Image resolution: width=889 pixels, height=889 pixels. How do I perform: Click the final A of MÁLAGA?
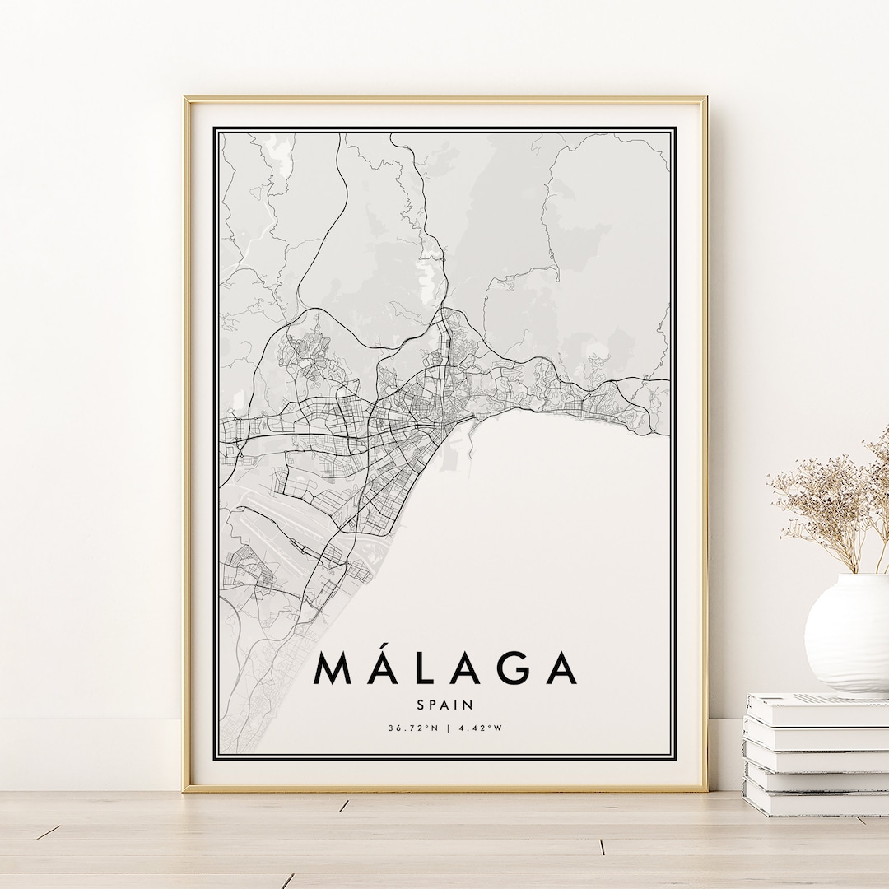pyautogui.click(x=557, y=668)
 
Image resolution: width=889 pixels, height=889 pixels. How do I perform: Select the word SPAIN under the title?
pyautogui.click(x=444, y=705)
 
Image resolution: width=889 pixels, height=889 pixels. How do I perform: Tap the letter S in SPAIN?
pyautogui.click(x=421, y=705)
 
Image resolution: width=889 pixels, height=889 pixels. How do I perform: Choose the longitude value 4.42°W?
pyautogui.click(x=479, y=728)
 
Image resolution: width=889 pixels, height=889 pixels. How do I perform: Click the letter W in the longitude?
pyautogui.click(x=497, y=728)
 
